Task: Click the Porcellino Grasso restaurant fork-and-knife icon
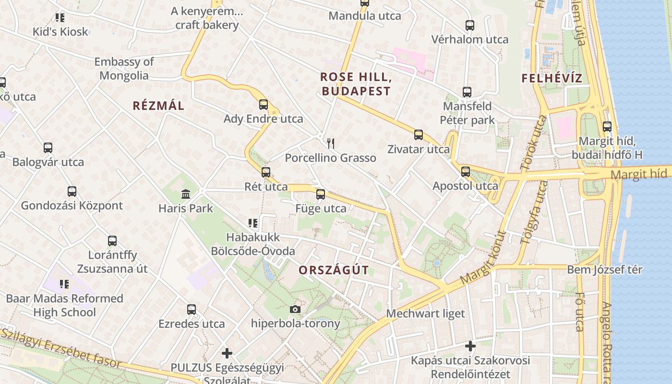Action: point(330,143)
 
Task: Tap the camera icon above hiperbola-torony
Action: point(295,309)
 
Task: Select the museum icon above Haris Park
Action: point(186,194)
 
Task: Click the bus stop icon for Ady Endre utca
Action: point(263,104)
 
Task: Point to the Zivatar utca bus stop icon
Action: point(419,135)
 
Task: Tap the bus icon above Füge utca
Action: point(321,194)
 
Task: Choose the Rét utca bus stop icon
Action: point(266,172)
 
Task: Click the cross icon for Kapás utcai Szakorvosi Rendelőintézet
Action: point(470,346)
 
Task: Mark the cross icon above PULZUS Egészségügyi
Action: point(227,353)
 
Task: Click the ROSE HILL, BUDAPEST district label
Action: point(356,84)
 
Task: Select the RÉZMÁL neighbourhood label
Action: point(158,106)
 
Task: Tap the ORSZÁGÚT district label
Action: point(334,270)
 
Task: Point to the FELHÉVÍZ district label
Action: point(552,78)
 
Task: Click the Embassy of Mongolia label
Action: point(124,69)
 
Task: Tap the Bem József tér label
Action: point(604,269)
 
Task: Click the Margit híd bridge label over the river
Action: point(640,173)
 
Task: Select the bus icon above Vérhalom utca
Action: point(470,25)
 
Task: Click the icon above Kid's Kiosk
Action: point(60,18)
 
